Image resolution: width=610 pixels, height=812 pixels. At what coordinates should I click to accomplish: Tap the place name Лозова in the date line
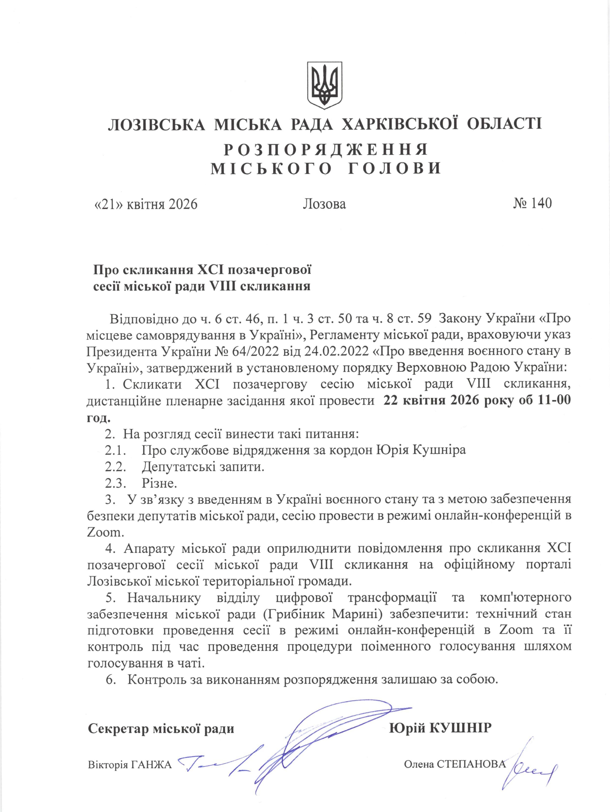[324, 204]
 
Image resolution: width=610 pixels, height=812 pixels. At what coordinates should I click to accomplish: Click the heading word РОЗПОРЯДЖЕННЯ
[325, 150]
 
